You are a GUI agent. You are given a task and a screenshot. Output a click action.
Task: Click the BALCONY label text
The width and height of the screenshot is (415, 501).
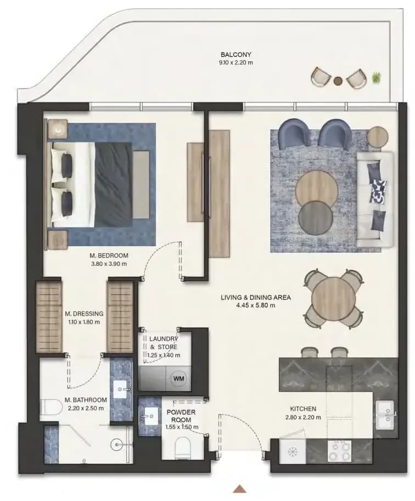[236, 55]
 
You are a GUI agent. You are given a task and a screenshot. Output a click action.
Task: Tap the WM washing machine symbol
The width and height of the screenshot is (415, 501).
[178, 379]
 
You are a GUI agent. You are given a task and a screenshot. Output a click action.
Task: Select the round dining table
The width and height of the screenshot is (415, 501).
[333, 298]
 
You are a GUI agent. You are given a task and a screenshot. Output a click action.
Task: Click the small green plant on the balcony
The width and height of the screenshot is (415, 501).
[377, 77]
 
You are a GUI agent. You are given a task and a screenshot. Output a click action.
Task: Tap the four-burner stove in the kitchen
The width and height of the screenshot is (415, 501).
[339, 451]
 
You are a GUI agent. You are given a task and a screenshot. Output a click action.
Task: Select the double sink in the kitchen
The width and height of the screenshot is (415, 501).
[385, 415]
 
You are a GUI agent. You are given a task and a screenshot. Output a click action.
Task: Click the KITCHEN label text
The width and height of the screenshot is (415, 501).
[303, 409]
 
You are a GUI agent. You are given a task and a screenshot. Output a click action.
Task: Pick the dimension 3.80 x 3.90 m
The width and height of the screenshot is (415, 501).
[109, 264]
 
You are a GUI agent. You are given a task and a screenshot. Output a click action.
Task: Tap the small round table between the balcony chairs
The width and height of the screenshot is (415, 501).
[338, 81]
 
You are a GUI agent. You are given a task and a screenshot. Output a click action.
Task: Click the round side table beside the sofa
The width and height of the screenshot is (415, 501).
[378, 137]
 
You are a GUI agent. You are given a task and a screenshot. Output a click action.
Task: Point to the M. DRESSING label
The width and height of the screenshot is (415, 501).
[84, 314]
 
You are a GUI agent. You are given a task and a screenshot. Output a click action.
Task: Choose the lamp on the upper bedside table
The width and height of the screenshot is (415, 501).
[58, 129]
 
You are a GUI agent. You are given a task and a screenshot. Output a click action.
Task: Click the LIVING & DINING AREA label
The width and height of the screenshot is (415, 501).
[256, 298]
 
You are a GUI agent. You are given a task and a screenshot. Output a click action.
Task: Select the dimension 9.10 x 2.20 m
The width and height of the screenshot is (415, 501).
[236, 62]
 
